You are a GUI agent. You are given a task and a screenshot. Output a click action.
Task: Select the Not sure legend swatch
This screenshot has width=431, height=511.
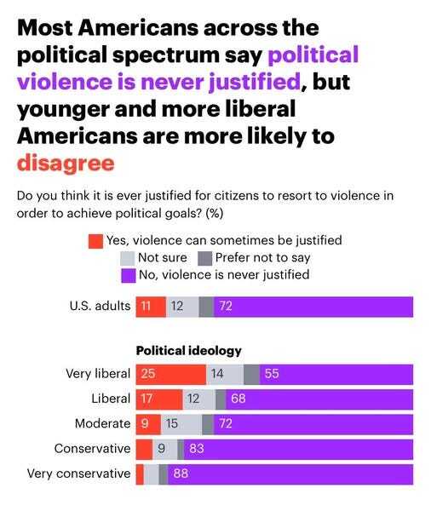[129, 257]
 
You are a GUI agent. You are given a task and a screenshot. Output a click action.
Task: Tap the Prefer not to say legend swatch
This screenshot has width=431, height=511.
[204, 257]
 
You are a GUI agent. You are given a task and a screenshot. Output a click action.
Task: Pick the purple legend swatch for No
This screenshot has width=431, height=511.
[129, 274]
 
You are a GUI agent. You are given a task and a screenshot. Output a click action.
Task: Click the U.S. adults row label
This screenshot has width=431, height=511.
[101, 307]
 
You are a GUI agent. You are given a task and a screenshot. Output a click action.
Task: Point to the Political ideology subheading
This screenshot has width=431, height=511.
[189, 350]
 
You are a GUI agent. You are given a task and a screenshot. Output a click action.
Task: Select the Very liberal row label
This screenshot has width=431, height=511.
[98, 374]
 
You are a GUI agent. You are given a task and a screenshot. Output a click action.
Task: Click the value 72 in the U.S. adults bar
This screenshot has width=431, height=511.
[226, 307]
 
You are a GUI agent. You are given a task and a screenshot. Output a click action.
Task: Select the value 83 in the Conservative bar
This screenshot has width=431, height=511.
[196, 449]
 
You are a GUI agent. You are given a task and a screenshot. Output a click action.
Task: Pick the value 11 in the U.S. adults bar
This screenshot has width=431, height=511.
[147, 307]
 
